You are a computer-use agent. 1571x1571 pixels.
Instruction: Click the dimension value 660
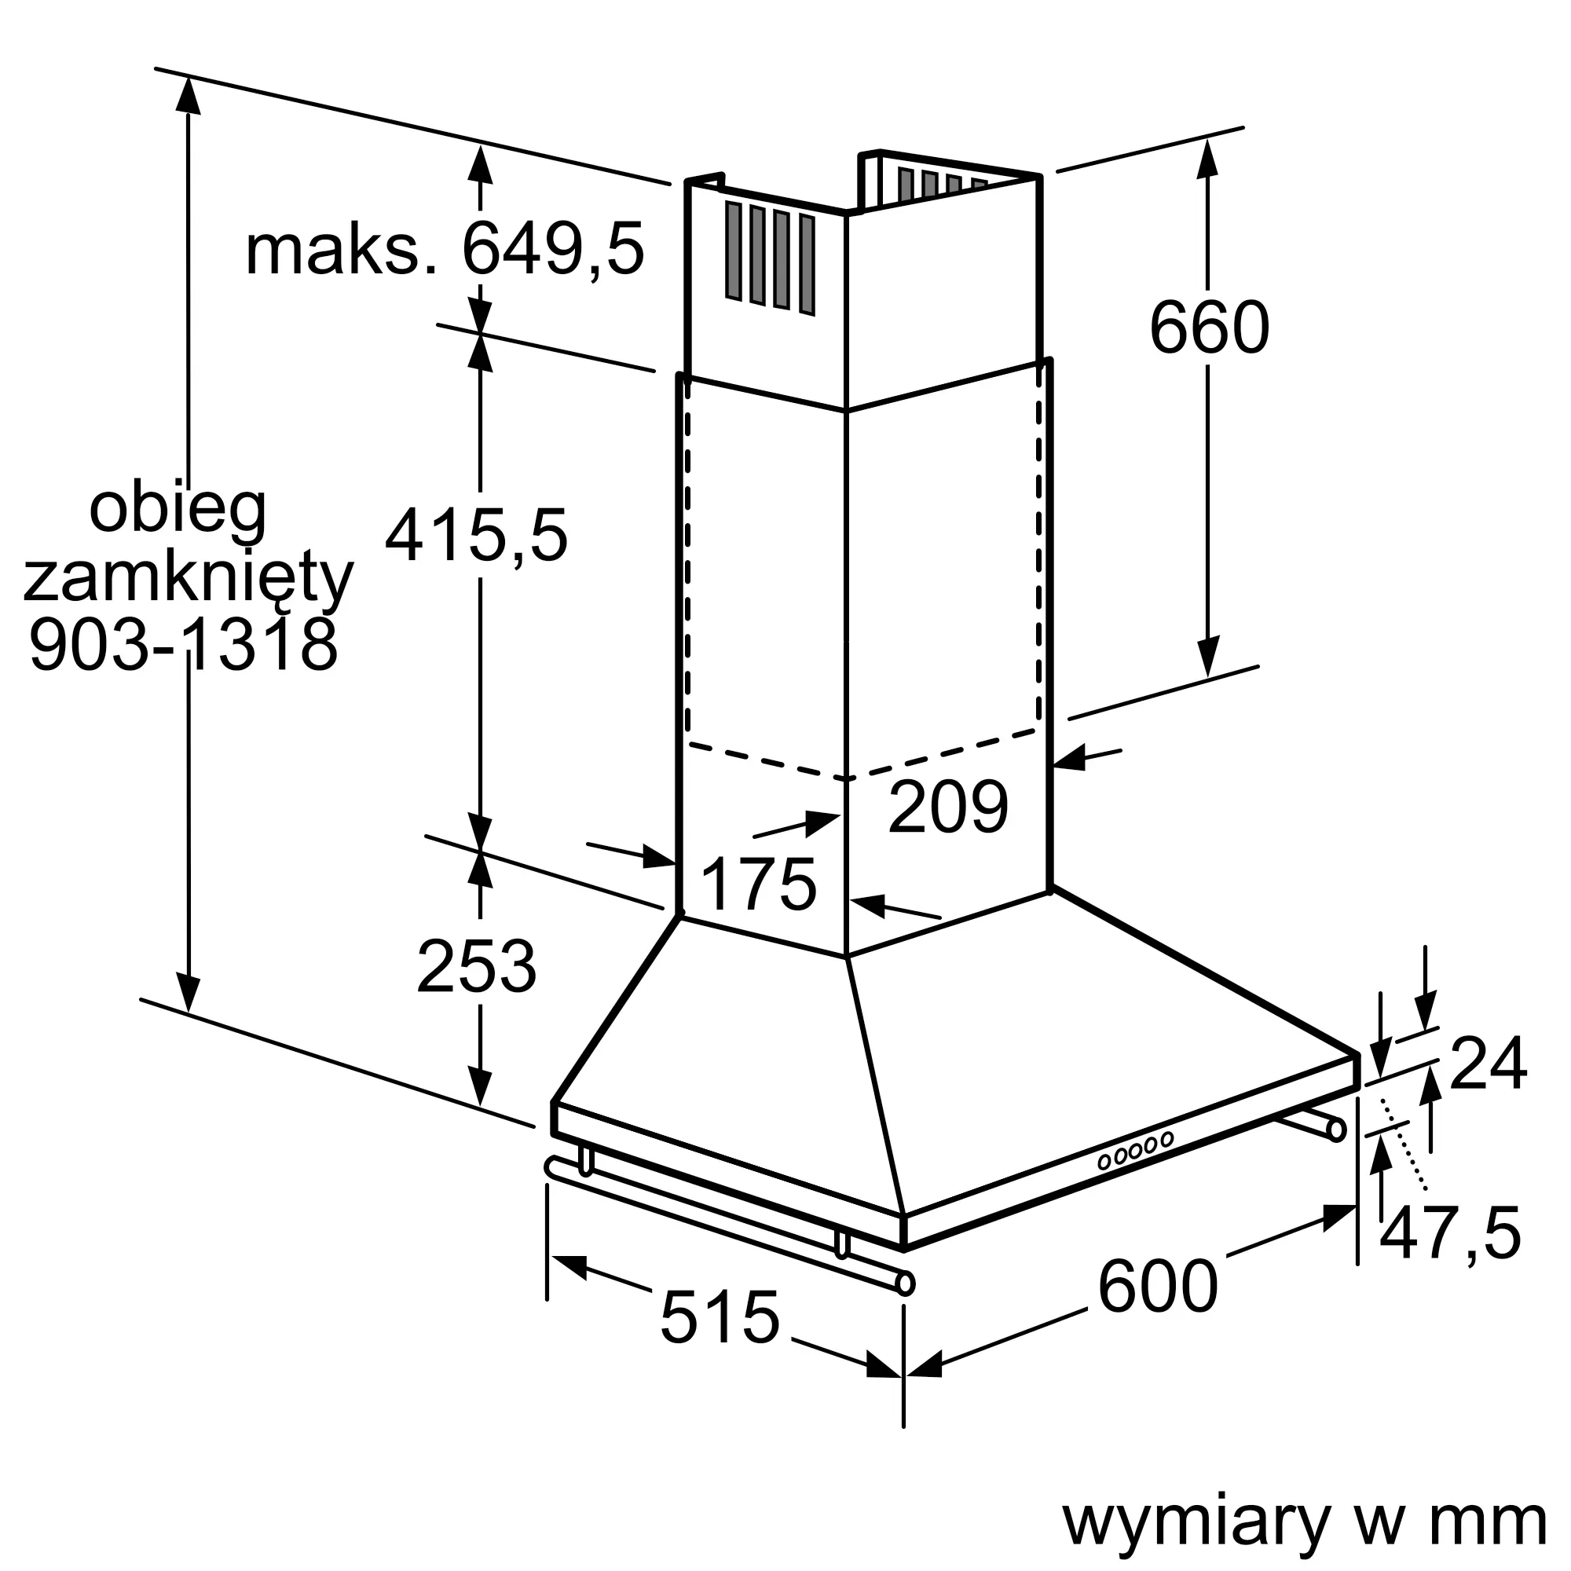pyautogui.click(x=1209, y=328)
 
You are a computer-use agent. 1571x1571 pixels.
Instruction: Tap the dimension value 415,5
pyautogui.click(x=477, y=536)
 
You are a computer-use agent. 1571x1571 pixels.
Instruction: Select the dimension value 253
pyautogui.click(x=477, y=967)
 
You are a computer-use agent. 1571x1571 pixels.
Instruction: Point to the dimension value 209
pyautogui.click(x=948, y=807)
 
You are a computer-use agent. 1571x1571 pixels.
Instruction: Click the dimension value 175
pyautogui.click(x=758, y=885)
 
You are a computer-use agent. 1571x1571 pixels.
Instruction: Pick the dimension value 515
pyautogui.click(x=720, y=1316)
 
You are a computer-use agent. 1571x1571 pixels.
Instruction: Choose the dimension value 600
pyautogui.click(x=1158, y=1286)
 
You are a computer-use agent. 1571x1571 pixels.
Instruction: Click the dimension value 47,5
pyautogui.click(x=1450, y=1233)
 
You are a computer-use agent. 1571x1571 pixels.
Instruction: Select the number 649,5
pyautogui.click(x=553, y=249)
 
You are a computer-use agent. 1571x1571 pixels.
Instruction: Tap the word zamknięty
pyautogui.click(x=189, y=580)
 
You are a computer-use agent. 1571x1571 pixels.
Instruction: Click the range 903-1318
pyautogui.click(x=183, y=643)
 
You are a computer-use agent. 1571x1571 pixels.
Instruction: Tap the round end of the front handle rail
pyautogui.click(x=904, y=1284)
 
